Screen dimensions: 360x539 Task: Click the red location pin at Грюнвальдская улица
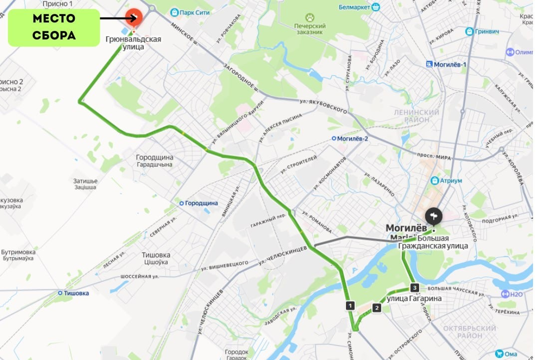(x=134, y=18)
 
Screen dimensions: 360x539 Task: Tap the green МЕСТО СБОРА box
(x=54, y=27)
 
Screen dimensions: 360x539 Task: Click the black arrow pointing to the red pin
(x=118, y=18)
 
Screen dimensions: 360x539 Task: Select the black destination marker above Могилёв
(x=434, y=216)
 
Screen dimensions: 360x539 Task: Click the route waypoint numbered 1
(x=351, y=305)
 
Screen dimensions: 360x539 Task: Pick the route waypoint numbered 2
(x=377, y=308)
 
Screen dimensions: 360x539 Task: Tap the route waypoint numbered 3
(x=414, y=288)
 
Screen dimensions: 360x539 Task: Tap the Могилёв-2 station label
(x=350, y=138)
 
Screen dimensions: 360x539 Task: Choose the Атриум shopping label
(x=447, y=180)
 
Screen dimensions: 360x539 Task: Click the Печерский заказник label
(x=309, y=29)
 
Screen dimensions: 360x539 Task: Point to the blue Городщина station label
(x=199, y=203)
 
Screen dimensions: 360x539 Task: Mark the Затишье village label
(x=86, y=184)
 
